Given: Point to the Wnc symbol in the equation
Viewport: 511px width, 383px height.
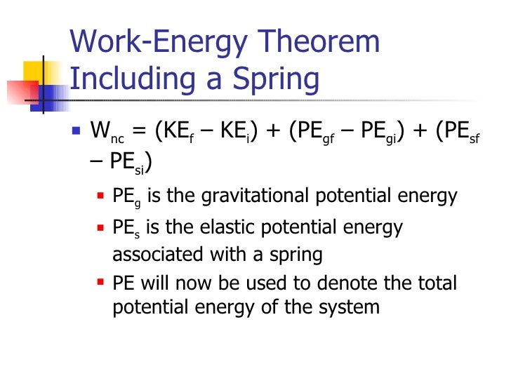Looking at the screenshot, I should [x=107, y=131].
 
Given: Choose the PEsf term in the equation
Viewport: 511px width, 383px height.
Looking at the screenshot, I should [x=458, y=131].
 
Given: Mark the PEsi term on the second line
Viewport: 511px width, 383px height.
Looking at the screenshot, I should [x=128, y=161].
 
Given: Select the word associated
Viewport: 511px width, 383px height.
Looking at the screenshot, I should [x=151, y=253].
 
